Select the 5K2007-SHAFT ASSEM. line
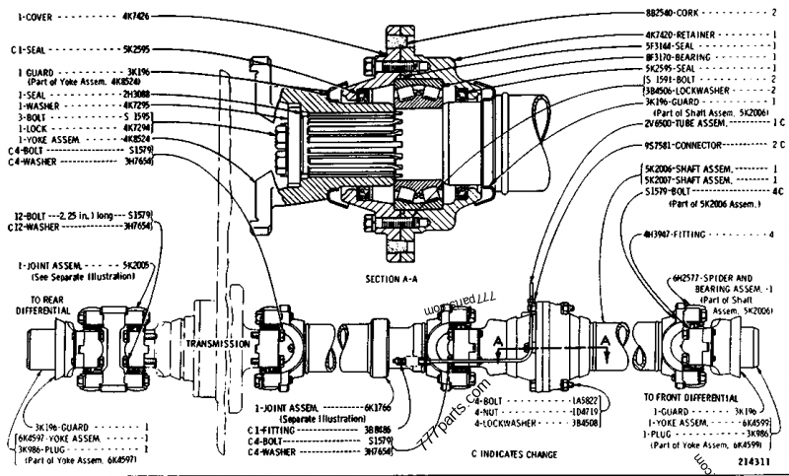tap(687, 180)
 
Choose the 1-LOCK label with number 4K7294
tap(107, 127)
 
